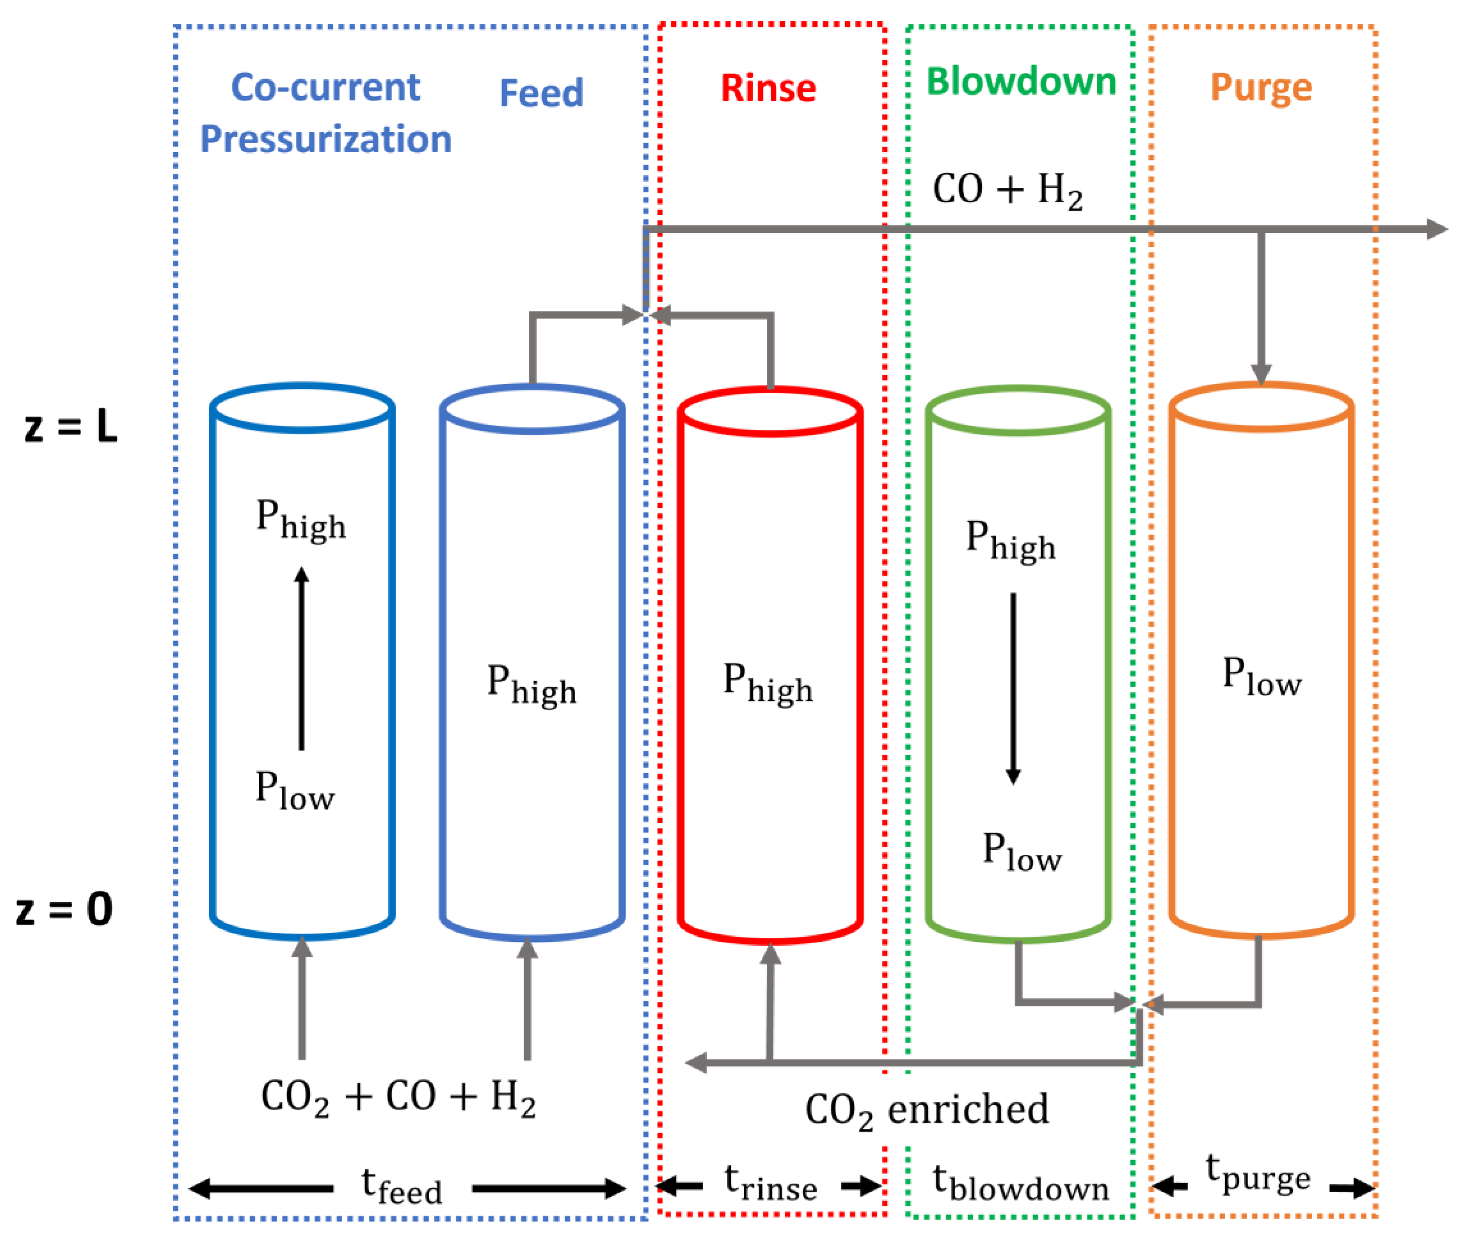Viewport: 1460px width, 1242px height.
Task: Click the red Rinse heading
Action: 768,90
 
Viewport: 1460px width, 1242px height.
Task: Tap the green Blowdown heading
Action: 1021,82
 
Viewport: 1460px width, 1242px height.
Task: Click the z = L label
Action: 70,427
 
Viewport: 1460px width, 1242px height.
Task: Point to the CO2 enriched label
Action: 926,1110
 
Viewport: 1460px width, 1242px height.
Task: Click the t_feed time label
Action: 401,1187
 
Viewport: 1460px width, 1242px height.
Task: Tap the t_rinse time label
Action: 771,1184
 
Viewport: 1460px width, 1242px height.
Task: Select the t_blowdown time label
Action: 1020,1184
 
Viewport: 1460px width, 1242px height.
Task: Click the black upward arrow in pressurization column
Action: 302,658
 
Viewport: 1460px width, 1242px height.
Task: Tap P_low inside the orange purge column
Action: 1261,677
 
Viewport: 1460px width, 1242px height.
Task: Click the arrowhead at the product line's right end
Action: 1436,229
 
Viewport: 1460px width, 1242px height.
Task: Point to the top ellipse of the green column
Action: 1018,411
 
